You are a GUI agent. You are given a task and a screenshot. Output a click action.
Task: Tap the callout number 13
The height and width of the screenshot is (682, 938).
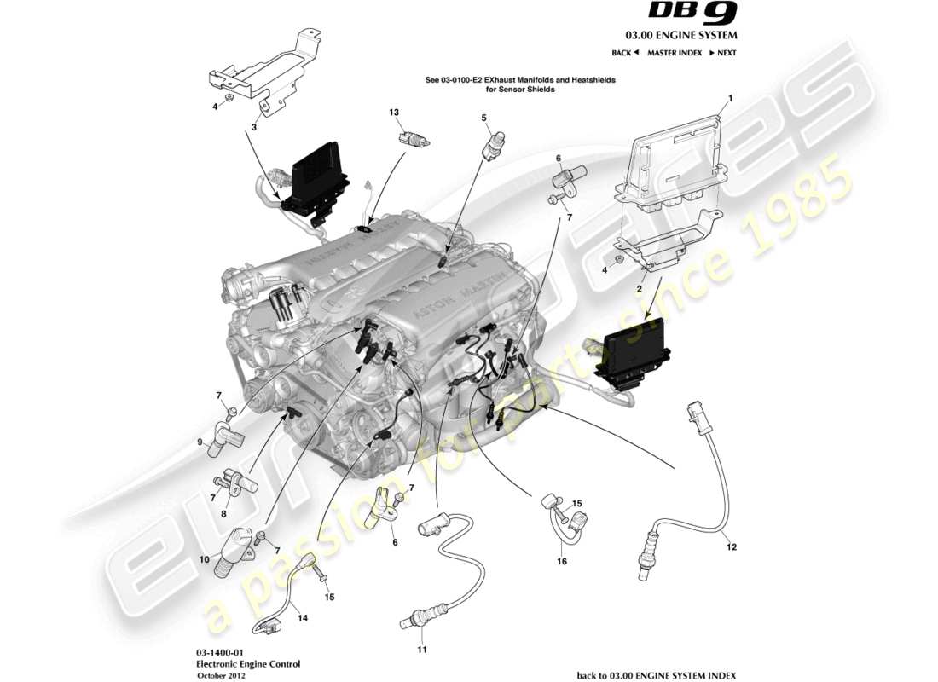[394, 113]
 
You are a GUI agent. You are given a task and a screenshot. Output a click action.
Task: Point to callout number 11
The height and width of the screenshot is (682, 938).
[420, 650]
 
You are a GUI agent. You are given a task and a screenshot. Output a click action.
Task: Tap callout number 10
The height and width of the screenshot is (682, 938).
[205, 559]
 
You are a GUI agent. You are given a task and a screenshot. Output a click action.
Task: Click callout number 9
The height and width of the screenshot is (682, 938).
[201, 442]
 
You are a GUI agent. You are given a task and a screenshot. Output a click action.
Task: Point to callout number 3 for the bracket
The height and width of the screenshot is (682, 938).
[253, 127]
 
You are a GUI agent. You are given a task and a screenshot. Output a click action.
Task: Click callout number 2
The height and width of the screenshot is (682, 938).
[639, 290]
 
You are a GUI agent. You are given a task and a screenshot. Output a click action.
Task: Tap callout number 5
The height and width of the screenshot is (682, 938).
[483, 118]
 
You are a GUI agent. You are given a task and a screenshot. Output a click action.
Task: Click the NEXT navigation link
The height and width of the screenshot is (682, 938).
[722, 53]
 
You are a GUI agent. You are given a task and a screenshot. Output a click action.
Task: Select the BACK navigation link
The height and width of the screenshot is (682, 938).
[625, 53]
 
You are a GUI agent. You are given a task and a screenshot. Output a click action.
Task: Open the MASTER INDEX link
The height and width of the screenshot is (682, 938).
[674, 53]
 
